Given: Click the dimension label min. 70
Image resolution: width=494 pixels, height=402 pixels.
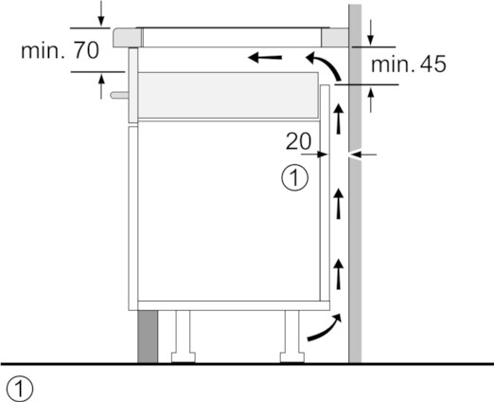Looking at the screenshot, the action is click(x=60, y=50).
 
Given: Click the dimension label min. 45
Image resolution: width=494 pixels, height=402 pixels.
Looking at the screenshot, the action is click(x=408, y=64).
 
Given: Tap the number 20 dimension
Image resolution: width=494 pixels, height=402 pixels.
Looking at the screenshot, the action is click(x=298, y=141).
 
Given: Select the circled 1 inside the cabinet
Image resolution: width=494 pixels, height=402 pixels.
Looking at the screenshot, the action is click(x=294, y=177).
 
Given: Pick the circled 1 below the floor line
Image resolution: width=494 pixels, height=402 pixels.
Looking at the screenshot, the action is click(x=20, y=389).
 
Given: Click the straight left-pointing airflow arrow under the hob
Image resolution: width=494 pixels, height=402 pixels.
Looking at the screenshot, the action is click(x=265, y=58).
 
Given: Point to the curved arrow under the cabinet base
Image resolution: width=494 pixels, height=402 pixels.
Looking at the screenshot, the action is click(x=325, y=328).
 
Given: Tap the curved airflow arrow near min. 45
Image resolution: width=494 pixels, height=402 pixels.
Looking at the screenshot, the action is click(x=326, y=64).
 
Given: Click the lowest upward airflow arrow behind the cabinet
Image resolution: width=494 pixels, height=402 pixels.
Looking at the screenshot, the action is click(x=339, y=274).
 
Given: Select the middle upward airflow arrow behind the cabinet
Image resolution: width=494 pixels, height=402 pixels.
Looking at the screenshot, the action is click(x=339, y=204).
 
